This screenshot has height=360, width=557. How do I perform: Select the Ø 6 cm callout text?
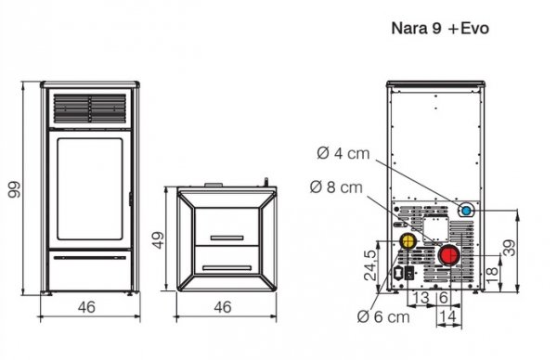point(383,318)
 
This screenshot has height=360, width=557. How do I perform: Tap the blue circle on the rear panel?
point(467,212)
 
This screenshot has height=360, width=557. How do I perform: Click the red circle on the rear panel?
point(448,255)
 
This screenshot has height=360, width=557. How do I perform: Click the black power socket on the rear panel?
point(406,276)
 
